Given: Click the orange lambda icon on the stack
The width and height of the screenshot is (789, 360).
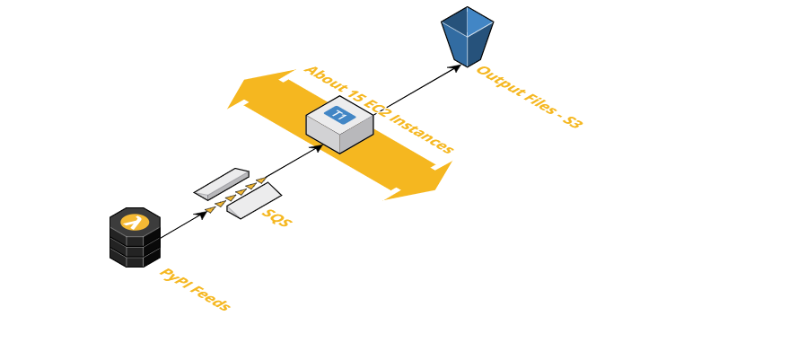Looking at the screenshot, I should click(x=135, y=221).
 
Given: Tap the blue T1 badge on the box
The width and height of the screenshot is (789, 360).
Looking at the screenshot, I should click(x=339, y=114).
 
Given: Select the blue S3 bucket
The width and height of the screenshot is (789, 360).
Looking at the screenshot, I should click(x=467, y=36).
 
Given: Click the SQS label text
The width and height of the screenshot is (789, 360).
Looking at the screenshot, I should click(x=276, y=217).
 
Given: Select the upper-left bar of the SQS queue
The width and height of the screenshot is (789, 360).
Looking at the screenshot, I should click(x=222, y=183).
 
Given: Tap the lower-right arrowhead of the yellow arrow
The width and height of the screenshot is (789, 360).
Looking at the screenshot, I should click(x=435, y=180).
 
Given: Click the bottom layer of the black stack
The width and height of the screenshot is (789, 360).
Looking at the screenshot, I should click(x=135, y=259).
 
